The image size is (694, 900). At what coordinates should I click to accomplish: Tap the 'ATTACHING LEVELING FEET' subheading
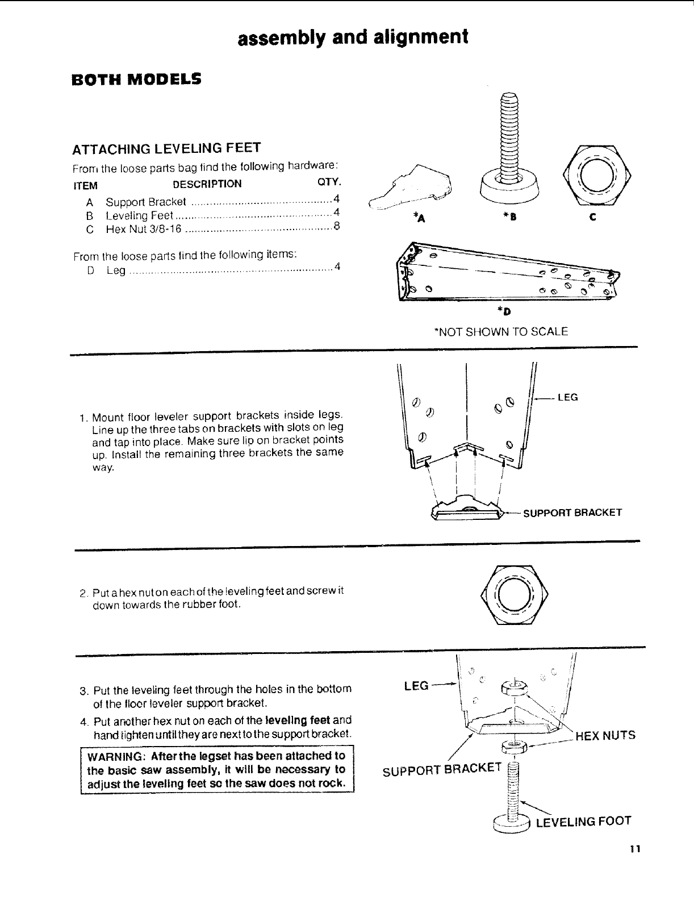coord(166,149)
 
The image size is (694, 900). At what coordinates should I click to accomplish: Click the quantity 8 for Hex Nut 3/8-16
coord(336,227)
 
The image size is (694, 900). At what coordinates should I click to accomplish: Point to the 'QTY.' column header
coord(328,182)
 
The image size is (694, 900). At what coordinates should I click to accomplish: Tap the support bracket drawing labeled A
coord(412,186)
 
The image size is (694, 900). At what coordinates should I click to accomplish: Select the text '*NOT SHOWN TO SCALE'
coord(500,331)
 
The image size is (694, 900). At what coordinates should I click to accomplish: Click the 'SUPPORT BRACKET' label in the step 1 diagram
coord(572,513)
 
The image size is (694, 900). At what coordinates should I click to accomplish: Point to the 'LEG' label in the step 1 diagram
coord(568,397)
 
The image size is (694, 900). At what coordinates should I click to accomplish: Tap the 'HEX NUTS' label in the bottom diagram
coord(605,736)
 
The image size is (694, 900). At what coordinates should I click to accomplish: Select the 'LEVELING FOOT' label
coord(584,822)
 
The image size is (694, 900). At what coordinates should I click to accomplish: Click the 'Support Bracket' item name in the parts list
coord(146,202)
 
